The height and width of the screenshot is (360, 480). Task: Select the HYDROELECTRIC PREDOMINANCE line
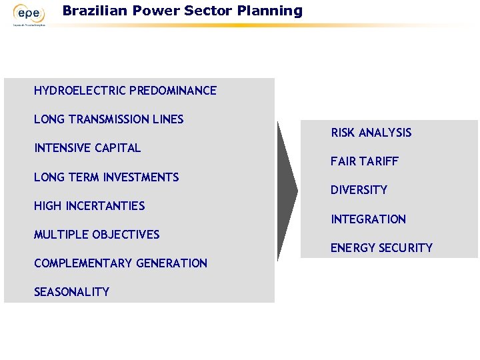click(x=125, y=91)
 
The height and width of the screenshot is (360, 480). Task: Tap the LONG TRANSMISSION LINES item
click(x=109, y=119)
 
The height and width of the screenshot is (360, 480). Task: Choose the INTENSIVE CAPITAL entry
click(x=87, y=148)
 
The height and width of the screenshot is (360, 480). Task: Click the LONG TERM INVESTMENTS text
click(x=106, y=177)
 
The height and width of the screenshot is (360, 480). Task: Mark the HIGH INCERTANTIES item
click(x=89, y=206)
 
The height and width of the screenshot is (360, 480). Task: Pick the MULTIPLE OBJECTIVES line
click(x=97, y=235)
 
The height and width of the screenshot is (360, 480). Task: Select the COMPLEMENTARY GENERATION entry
click(x=121, y=263)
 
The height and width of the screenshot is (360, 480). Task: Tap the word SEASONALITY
click(x=71, y=292)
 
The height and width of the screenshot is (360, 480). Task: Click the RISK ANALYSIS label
click(x=371, y=133)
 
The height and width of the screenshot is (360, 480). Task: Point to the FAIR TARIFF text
click(x=364, y=161)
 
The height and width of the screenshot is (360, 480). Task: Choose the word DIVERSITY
click(x=359, y=190)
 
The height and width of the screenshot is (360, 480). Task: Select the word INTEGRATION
click(x=368, y=219)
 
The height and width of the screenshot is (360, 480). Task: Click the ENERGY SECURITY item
click(x=381, y=248)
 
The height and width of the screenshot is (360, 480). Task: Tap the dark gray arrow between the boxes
click(x=287, y=191)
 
